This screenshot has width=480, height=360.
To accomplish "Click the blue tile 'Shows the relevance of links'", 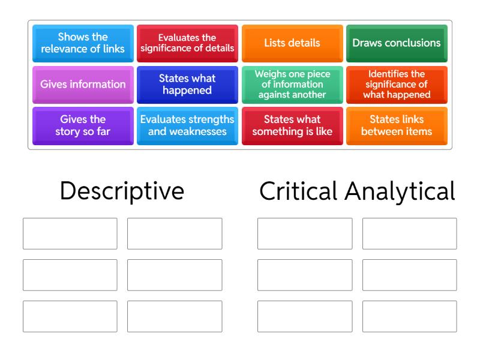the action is pyautogui.click(x=83, y=43).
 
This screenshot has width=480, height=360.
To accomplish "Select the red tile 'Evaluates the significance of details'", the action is pyautogui.click(x=187, y=43).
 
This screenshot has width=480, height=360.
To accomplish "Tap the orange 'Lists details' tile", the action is pyautogui.click(x=292, y=43).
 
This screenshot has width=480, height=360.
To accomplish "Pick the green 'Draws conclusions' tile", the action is pyautogui.click(x=397, y=43).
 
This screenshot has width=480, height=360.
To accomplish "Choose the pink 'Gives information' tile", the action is pyautogui.click(x=83, y=85).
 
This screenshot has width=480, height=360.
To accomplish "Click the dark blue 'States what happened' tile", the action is pyautogui.click(x=187, y=85).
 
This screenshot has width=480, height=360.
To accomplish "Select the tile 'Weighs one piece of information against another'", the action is pyautogui.click(x=292, y=85).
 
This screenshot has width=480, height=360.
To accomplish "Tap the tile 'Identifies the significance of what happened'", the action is pyautogui.click(x=397, y=85).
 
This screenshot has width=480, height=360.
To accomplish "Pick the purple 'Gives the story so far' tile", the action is pyautogui.click(x=83, y=126).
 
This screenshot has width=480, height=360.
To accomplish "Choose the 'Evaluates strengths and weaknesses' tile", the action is pyautogui.click(x=187, y=126).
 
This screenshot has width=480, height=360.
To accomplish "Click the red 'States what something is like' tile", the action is pyautogui.click(x=292, y=126).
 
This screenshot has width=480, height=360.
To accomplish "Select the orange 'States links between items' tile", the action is pyautogui.click(x=397, y=126).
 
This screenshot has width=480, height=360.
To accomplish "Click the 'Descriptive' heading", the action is pyautogui.click(x=122, y=191).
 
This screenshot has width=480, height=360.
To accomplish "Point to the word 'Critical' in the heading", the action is pyautogui.click(x=298, y=191).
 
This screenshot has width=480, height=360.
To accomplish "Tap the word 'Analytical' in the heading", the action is pyautogui.click(x=400, y=191).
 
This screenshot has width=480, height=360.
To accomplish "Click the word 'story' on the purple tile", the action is pyautogui.click(x=68, y=132).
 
